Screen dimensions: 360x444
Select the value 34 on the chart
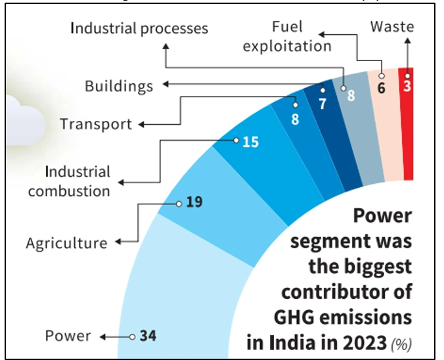(148, 336)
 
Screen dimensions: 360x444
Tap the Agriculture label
(66, 243)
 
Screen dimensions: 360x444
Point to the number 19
(194, 201)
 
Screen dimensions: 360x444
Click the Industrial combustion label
(69, 182)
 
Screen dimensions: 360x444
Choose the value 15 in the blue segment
(250, 141)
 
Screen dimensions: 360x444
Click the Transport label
(96, 124)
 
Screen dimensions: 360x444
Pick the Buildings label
(119, 86)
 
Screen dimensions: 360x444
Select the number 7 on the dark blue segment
(322, 104)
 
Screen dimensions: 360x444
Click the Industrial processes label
(139, 28)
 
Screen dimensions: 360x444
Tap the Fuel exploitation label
(301, 37)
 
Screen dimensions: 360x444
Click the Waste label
(392, 27)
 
